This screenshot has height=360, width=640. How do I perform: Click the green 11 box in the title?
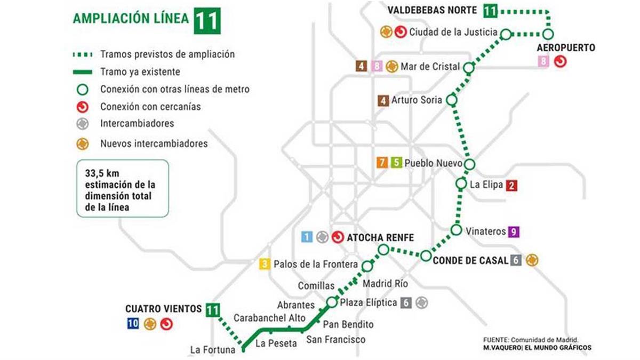pyautogui.click(x=206, y=20)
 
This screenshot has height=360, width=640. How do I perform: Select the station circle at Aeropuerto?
pyautogui.click(x=548, y=34)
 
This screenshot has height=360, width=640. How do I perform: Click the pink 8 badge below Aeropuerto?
pyautogui.click(x=543, y=61)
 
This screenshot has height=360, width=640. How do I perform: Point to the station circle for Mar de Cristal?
pyautogui.click(x=469, y=68)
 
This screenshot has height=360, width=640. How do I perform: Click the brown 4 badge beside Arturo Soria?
pyautogui.click(x=382, y=100)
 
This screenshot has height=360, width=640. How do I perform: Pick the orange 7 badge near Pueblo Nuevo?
pyautogui.click(x=382, y=163)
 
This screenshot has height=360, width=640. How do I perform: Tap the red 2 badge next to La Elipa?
pyautogui.click(x=511, y=186)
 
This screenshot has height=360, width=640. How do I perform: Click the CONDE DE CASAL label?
pyautogui.click(x=469, y=261)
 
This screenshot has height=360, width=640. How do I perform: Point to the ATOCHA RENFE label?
pyautogui.click(x=380, y=237)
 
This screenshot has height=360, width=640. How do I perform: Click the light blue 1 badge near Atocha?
pyautogui.click(x=307, y=237)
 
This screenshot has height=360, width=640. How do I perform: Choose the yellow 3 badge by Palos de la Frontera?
pyautogui.click(x=264, y=264)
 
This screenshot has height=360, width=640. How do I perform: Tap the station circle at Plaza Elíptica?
pyautogui.click(x=331, y=302)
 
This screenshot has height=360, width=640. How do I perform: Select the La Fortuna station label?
pyautogui.click(x=212, y=350)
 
